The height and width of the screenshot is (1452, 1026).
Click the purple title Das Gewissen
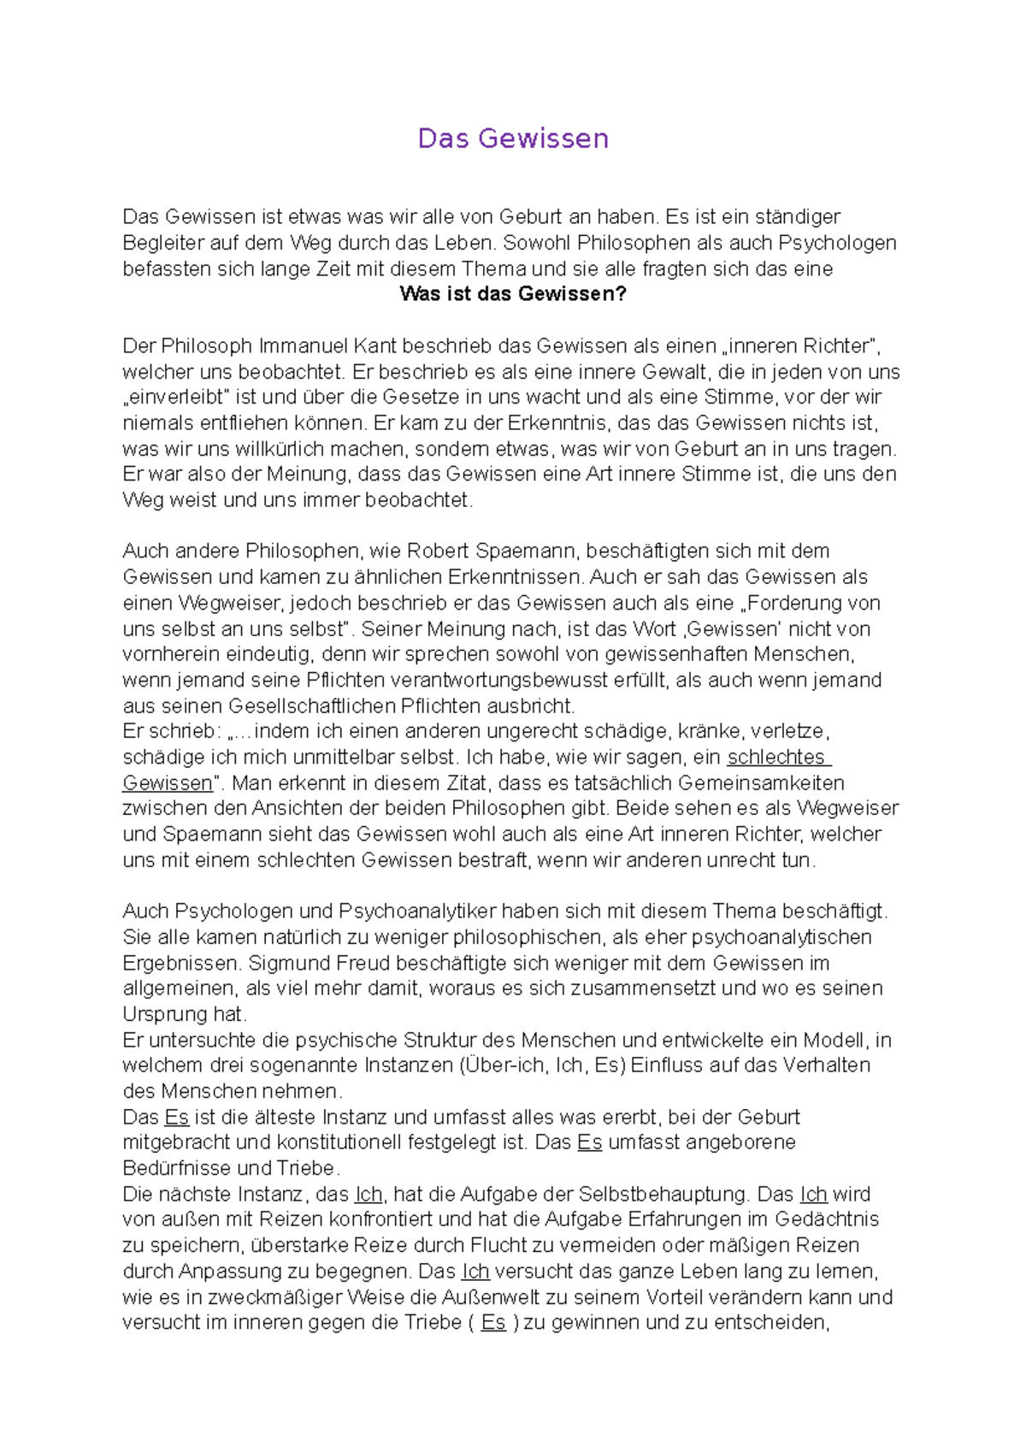[513, 139]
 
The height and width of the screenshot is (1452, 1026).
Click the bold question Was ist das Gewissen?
[513, 294]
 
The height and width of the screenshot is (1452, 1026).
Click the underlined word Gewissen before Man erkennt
[168, 783]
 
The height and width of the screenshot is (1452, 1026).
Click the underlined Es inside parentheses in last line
[493, 1323]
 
